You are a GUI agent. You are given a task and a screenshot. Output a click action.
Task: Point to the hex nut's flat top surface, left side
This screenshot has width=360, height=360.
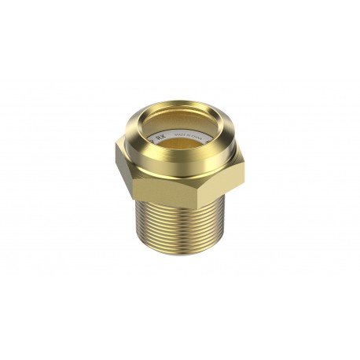coord(127,149)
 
